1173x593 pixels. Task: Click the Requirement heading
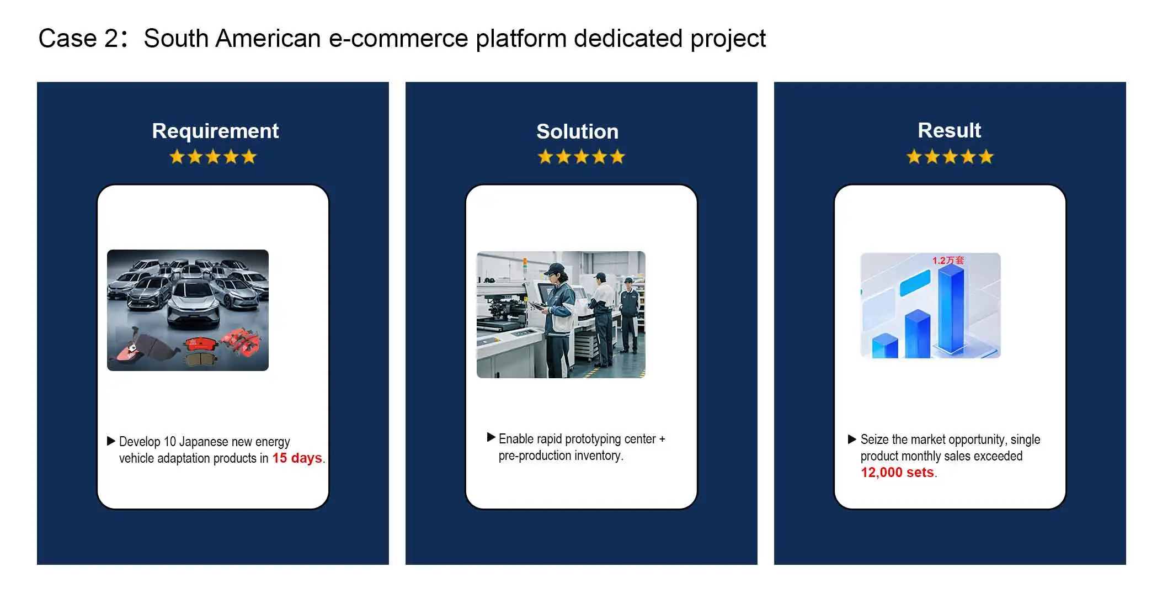tap(215, 131)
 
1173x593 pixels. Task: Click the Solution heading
tap(578, 131)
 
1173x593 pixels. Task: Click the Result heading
tap(950, 130)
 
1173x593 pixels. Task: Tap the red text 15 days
tap(297, 458)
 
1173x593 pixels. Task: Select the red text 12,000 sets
tap(897, 473)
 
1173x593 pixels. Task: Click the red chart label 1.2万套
tap(948, 260)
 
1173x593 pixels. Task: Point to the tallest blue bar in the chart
tap(951, 309)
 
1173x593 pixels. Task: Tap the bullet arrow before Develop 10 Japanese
tap(111, 441)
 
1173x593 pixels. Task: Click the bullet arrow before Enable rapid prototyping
tap(491, 437)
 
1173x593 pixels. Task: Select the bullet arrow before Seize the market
tap(852, 439)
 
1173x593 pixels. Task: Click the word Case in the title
tap(67, 39)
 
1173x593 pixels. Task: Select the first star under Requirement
tap(177, 157)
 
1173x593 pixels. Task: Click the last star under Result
tap(986, 157)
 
